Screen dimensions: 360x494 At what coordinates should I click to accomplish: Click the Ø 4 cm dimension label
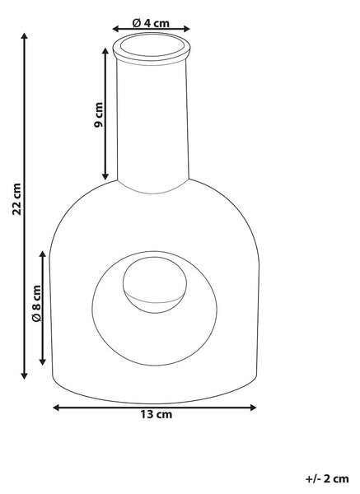[151, 23]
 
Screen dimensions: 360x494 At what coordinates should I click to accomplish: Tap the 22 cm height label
[16, 199]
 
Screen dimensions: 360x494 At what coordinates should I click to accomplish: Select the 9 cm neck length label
[98, 114]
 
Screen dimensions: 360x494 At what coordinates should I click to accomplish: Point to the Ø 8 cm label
[36, 303]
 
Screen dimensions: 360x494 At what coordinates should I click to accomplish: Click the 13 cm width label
[157, 414]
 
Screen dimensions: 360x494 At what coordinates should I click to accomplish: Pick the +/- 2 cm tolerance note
[327, 479]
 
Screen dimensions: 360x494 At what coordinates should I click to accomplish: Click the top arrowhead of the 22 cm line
[24, 35]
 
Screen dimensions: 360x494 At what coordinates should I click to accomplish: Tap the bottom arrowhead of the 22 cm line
[24, 375]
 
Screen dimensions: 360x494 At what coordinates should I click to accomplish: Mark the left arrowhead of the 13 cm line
[56, 408]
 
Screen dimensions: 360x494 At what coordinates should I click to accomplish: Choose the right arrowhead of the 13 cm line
[253, 408]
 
